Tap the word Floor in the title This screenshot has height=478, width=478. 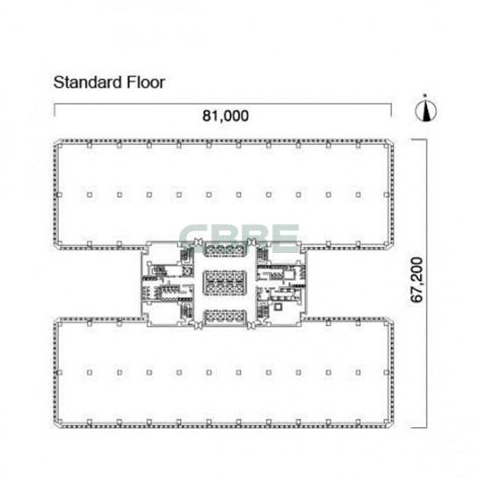pyautogui.click(x=146, y=83)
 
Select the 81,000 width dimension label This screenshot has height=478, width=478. pyautogui.click(x=225, y=116)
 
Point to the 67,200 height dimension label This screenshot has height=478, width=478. pyautogui.click(x=416, y=279)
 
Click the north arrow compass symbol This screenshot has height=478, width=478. pyautogui.click(x=425, y=109)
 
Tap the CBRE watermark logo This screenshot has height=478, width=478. pyautogui.click(x=239, y=239)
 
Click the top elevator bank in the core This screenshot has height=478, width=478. pyautogui.click(x=225, y=248)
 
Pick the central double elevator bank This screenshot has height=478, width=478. pyautogui.click(x=225, y=282)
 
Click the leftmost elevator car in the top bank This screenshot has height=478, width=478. pyautogui.click(x=210, y=249)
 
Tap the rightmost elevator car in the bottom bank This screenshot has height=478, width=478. pyautogui.click(x=240, y=316)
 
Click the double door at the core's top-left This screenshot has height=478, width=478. pyautogui.click(x=199, y=242)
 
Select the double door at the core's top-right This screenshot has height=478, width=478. pyautogui.click(x=251, y=242)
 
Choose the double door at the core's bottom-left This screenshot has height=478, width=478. pyautogui.click(x=199, y=325)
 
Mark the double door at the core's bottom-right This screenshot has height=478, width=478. pyautogui.click(x=251, y=325)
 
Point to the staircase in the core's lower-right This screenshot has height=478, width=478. pyautogui.click(x=263, y=311)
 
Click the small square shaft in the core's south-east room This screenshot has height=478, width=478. pyautogui.click(x=278, y=307)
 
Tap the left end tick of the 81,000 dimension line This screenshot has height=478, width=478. pyautogui.click(x=54, y=110)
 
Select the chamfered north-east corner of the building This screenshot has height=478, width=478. pyautogui.click(x=389, y=142)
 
